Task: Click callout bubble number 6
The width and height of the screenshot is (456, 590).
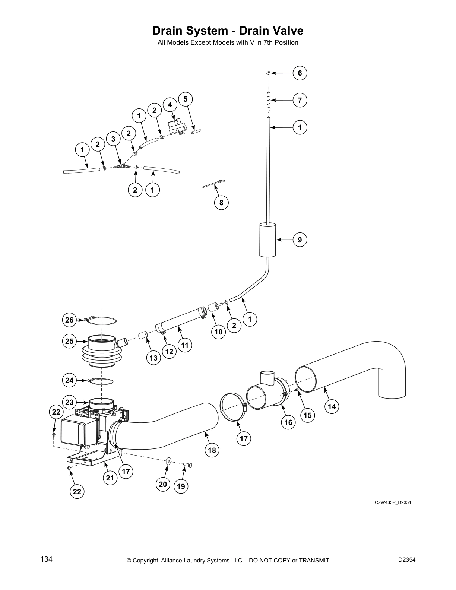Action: point(300,73)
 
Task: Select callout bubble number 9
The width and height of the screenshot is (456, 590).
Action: point(300,240)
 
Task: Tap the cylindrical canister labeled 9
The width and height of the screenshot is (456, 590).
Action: point(267,240)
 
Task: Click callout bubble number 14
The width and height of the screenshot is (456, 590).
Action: point(332,407)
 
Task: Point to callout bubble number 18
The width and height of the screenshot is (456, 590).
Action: point(212,450)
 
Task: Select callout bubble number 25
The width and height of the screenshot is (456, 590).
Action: point(70,341)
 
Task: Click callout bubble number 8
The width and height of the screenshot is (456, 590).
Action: point(221,203)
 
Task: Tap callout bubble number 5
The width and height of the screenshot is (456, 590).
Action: point(186,99)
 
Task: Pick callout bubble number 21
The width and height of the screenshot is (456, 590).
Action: point(110,478)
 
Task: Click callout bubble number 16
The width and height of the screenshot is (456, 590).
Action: point(288,422)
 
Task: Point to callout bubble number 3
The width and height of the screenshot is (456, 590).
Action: point(113,139)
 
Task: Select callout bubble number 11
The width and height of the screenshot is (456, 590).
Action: point(185,345)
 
